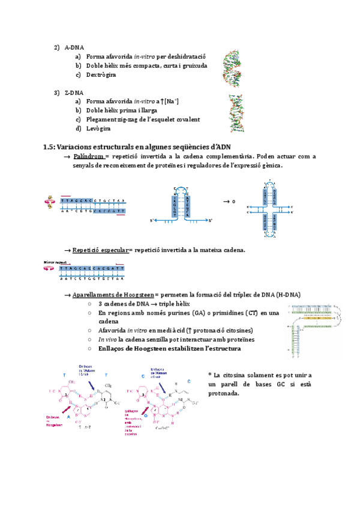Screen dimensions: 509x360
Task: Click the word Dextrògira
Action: (101, 75)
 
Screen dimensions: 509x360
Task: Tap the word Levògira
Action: (98, 128)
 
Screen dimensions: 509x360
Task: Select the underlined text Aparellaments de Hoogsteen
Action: (112, 295)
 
